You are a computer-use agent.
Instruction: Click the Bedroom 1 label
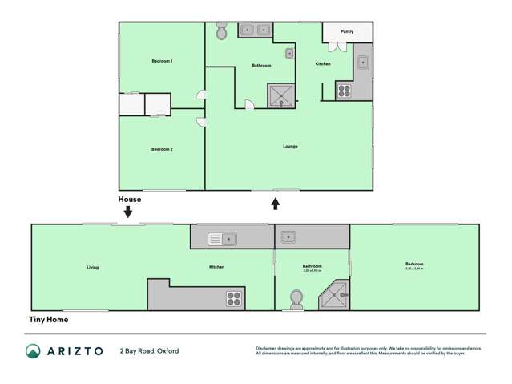tap(163, 61)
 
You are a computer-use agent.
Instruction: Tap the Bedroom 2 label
tap(163, 149)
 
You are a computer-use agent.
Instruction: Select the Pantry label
tap(347, 31)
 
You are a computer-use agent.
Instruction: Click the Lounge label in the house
tap(290, 146)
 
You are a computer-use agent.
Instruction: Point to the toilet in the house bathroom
tap(222, 31)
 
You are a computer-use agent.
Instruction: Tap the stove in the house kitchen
tap(345, 91)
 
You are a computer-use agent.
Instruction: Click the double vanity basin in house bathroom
tap(255, 30)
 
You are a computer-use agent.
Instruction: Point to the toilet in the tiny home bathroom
tap(296, 299)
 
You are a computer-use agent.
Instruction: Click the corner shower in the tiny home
tap(336, 297)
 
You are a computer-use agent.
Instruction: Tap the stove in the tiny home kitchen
tap(234, 298)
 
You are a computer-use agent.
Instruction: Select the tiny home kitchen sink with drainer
tap(220, 238)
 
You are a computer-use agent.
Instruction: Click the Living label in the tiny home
tap(93, 267)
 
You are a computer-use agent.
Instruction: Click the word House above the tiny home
tap(130, 200)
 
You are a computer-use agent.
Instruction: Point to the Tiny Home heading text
tap(49, 320)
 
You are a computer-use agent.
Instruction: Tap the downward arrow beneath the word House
tap(128, 212)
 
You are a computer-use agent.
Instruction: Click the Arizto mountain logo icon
tap(33, 351)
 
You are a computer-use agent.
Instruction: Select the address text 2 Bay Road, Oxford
tap(149, 351)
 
